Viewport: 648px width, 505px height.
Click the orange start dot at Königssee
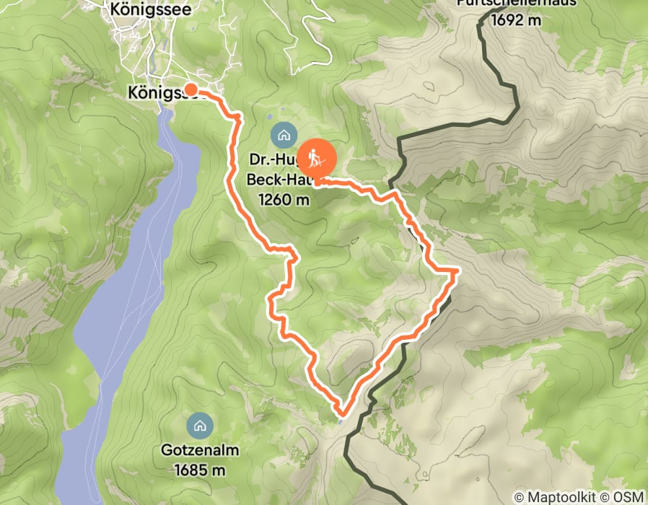(x=191, y=90)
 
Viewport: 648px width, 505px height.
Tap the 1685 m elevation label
(x=200, y=470)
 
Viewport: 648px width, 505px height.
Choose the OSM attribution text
(x=625, y=498)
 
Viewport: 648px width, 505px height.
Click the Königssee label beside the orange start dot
(x=153, y=93)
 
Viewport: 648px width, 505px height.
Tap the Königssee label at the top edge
(x=150, y=10)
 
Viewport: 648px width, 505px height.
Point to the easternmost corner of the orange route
(x=456, y=272)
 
